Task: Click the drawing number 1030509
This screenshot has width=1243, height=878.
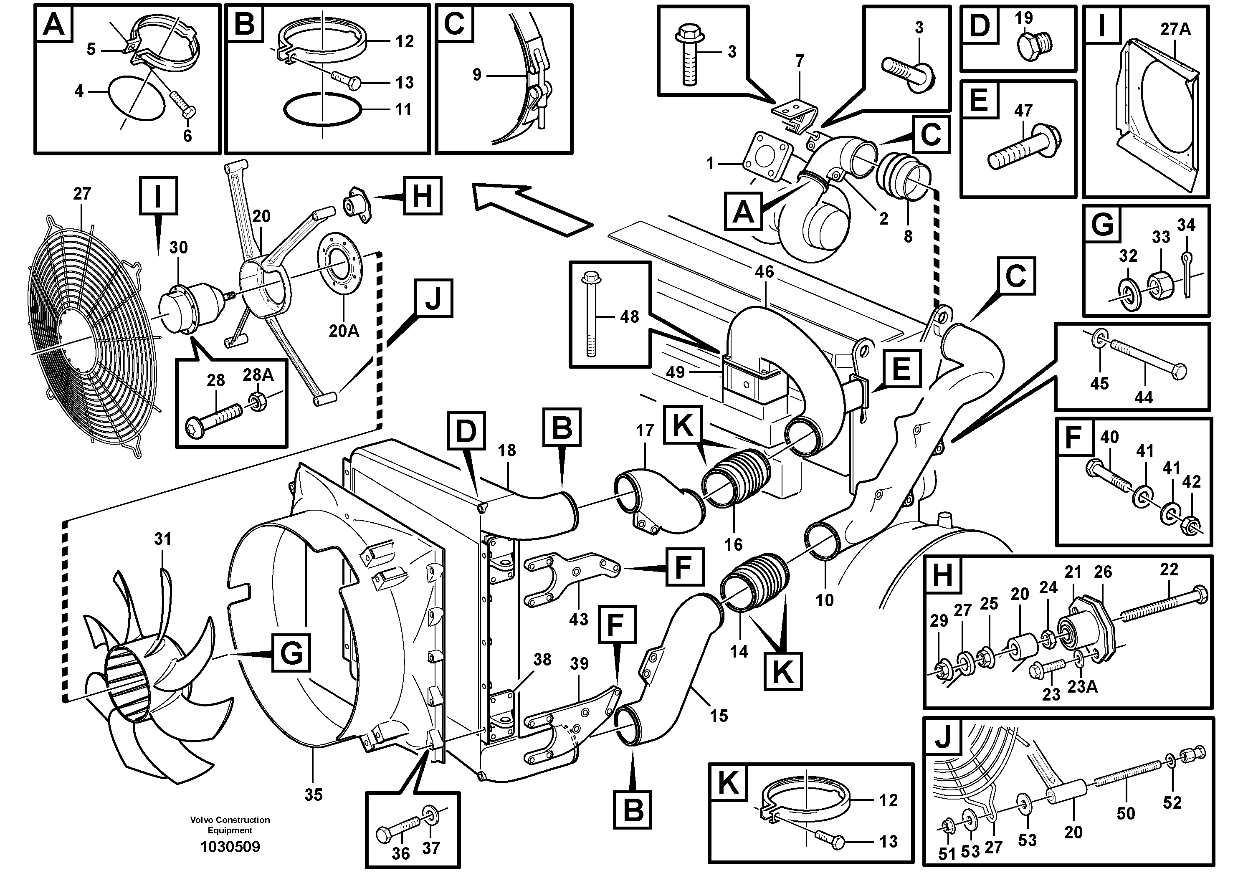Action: point(230,847)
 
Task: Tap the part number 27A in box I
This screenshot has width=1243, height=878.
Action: point(1175,29)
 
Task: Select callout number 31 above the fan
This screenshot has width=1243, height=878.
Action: point(162,539)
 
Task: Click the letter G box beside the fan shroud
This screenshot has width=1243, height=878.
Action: point(291,653)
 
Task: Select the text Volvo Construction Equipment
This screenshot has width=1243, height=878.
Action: point(230,825)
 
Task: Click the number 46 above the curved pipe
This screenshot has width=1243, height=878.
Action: point(764,272)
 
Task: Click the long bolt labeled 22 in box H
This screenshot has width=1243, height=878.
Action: point(1164,606)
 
